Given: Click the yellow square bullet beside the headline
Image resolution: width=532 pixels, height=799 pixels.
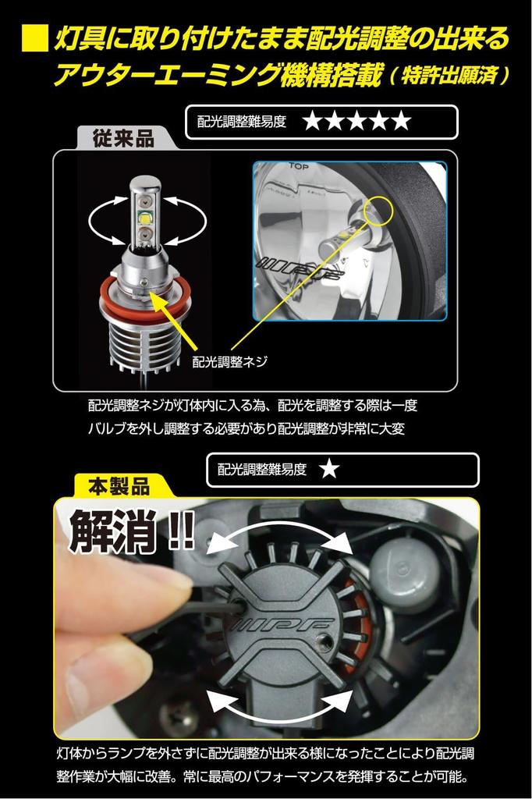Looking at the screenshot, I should tap(34, 39).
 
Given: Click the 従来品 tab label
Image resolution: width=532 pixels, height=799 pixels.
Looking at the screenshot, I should tap(123, 139).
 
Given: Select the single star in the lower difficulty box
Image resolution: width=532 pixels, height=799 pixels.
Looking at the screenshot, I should tap(330, 469).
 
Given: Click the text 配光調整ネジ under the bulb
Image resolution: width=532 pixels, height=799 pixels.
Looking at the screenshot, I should tap(230, 361).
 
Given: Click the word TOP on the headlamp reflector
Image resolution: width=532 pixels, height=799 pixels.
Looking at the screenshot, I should tap(300, 167).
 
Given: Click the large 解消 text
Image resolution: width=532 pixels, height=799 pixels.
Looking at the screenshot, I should tap(114, 532).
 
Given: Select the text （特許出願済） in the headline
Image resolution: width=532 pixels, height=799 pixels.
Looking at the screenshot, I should tap(450, 76).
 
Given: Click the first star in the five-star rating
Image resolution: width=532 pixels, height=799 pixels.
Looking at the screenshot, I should tap(313, 121).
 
